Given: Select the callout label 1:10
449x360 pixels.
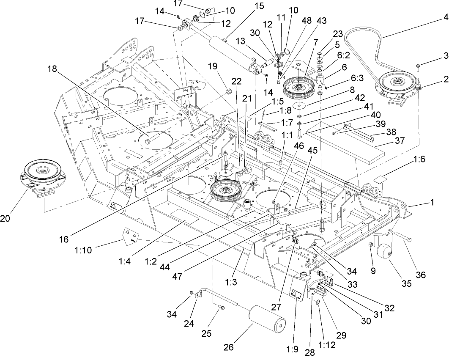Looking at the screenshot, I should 112,244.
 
